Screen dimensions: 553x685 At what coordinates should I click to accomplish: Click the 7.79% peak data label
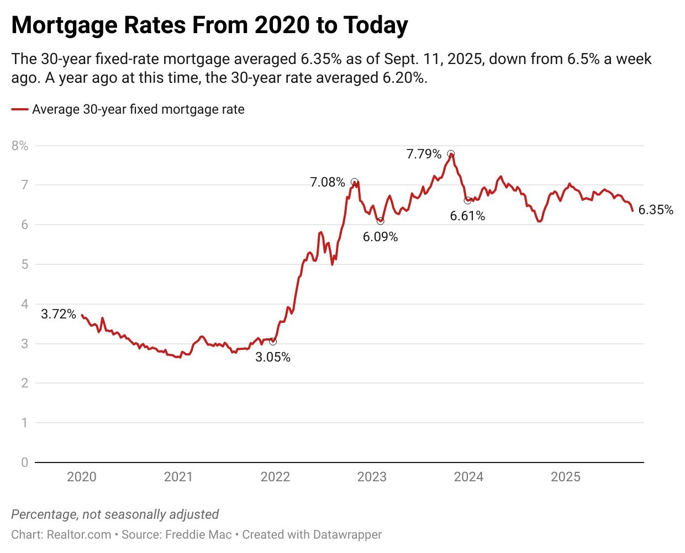pos(424,154)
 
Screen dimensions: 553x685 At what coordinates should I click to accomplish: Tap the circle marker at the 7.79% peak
pos(451,154)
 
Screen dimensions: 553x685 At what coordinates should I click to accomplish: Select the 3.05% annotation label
pos(272,357)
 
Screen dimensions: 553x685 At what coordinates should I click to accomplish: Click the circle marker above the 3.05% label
pos(272,342)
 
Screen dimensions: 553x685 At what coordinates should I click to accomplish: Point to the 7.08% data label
pos(327,182)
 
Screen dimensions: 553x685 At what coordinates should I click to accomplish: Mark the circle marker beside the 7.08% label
pos(354,182)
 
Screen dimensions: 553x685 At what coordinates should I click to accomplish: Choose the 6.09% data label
pos(380,237)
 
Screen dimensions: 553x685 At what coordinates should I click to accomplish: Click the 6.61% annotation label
pos(467,216)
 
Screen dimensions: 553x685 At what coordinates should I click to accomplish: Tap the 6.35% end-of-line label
pos(656,210)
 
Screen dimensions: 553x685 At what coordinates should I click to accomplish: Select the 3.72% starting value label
pos(59,314)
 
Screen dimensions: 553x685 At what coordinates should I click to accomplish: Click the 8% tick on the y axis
pos(19,146)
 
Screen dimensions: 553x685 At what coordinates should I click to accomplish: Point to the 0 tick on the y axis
pos(24,462)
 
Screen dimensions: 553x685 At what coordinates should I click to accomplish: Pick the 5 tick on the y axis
pos(24,264)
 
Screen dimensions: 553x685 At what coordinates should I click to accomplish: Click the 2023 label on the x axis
pos(372,477)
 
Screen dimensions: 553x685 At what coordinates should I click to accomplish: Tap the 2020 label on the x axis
pos(81,477)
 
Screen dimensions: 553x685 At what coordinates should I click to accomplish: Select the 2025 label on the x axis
pos(565,477)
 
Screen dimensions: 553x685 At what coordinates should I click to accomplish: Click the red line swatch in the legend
pos(20,109)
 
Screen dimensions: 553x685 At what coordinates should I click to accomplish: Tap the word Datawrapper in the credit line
pos(347,534)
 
